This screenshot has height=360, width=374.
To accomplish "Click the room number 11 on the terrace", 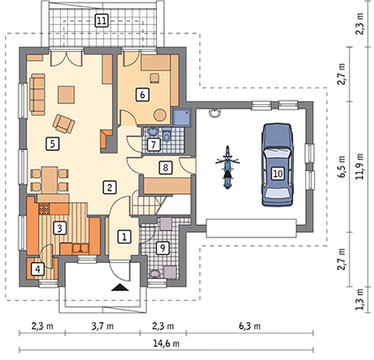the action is point(101,21).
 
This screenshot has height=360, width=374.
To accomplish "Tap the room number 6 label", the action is point(143,94).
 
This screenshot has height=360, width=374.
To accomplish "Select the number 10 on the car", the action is point(278,173).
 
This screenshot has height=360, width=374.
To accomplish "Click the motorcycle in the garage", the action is point(228,167).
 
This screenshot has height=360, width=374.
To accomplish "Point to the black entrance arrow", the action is point(120,288).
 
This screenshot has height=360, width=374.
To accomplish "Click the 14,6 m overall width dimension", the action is point(167,343).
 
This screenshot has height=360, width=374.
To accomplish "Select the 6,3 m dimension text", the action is point(250,326).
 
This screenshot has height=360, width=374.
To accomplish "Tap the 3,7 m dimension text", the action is point(102,326).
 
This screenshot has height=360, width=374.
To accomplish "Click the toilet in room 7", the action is point(167,135).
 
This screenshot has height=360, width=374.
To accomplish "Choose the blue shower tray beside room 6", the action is point(182,118).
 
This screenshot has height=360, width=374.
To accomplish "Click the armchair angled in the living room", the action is point(64,123).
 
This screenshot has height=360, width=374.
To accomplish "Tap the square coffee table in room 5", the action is point(66,94).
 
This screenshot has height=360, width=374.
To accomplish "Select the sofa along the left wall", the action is point(37,94).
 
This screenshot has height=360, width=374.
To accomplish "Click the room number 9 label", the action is point(162,248).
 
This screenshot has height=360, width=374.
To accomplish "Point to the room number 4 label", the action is point(38,268).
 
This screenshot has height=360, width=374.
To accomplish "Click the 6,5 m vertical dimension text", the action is point(341,167).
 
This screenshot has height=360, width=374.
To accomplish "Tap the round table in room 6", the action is point(161,115).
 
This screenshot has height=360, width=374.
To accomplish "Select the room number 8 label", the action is point(165,168).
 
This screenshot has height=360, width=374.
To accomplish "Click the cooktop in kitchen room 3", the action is point(44,208).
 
